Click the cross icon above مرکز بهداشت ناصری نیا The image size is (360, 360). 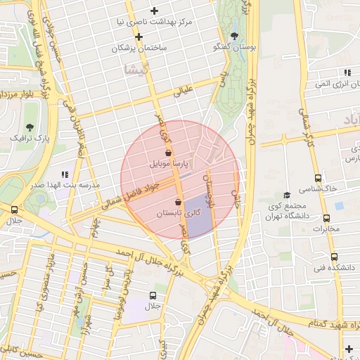(x=154, y=11)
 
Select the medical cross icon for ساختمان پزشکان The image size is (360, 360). (x=139, y=37)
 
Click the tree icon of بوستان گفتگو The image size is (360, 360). (x=234, y=35)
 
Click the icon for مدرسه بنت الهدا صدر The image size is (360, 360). (x=65, y=174)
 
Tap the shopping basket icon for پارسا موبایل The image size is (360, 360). (x=167, y=152)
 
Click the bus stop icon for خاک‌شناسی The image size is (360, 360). (x=318, y=178)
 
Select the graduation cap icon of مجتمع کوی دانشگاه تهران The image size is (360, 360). (x=286, y=195)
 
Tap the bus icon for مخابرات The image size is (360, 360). (x=325, y=218)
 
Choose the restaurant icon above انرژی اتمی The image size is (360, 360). (x=347, y=72)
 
